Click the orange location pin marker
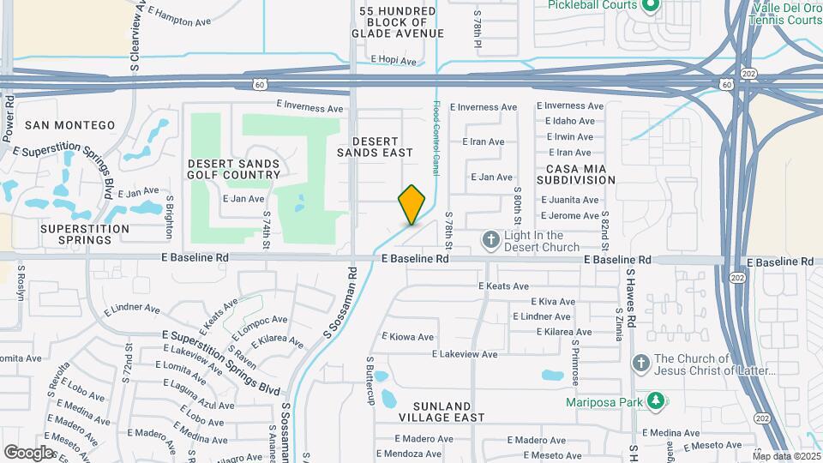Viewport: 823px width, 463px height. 412,204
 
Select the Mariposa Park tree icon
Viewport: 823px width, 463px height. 655,401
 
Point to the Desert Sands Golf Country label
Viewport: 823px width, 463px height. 234,169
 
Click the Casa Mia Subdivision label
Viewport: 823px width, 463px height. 576,174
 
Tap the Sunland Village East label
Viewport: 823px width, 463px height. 442,412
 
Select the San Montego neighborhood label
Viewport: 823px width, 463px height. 70,125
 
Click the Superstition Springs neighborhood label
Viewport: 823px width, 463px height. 73,234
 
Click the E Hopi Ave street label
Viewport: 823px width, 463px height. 393,61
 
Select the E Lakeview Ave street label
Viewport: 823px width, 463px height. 465,354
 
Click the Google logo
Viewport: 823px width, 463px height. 28,452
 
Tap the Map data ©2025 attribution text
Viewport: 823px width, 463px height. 786,456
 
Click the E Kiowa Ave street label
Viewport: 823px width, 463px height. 408,337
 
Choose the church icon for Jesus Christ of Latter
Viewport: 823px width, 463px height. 640,364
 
